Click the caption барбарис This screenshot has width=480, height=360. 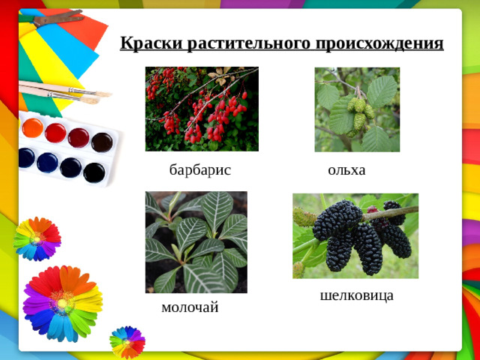coord(199,170)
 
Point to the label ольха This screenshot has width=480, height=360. coord(346,170)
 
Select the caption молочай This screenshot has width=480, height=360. coord(190,307)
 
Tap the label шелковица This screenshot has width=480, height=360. coord(356,295)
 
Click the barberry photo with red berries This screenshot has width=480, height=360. coord(201,109)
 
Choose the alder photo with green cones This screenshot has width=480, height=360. coord(357,109)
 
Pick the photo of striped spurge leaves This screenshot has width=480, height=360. coord(196,241)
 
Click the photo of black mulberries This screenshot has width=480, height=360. coord(355,235)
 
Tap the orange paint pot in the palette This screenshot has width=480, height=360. coord(33,127)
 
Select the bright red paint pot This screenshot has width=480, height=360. coord(55,133)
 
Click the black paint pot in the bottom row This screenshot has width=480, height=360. coord(94,172)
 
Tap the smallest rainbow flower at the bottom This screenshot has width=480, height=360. coord(127,341)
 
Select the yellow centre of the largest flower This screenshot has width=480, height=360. coord(61,301)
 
